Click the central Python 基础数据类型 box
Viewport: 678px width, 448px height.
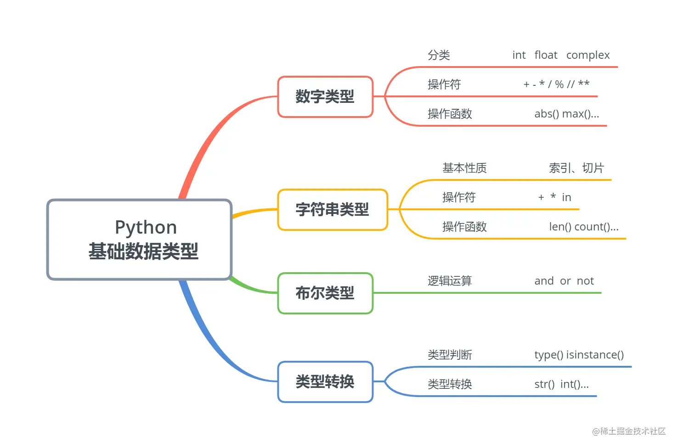pos(139,239)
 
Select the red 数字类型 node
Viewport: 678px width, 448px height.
pos(325,97)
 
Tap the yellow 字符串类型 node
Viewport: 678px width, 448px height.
pos(332,210)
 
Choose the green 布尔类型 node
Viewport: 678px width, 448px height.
pos(325,293)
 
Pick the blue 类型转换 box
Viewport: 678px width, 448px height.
pos(325,382)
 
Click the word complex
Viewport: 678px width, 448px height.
pos(588,56)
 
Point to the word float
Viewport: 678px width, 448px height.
pos(546,56)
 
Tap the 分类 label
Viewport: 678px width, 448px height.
pos(439,56)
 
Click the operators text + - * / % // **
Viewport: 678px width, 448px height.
pos(556,84)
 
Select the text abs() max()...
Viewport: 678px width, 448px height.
pos(566,114)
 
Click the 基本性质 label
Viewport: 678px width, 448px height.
pos(464,168)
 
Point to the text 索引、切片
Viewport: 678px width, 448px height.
pos(576,168)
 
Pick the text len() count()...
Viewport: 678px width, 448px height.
pos(583,227)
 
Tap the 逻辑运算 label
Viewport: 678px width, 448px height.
pos(450,281)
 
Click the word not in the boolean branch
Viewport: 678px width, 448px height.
pos(585,281)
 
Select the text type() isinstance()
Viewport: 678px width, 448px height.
pos(579,355)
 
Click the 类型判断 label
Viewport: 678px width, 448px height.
pos(450,355)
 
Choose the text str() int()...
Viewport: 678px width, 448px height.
pos(561,384)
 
